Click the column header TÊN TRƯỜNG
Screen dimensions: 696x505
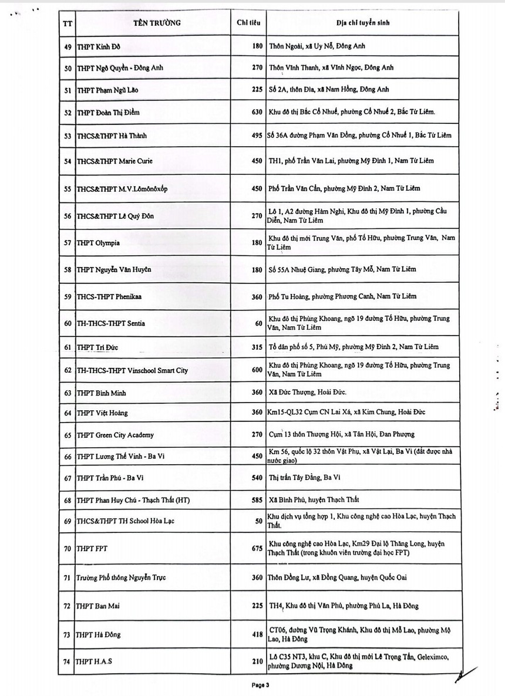coord(153,23)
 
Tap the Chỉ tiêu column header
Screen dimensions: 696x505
coord(248,23)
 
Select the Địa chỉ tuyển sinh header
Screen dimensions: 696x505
coord(362,23)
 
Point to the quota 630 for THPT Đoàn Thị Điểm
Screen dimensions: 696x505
coord(257,112)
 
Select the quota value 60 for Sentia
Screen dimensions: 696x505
coord(259,323)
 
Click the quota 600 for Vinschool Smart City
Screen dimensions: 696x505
coord(257,370)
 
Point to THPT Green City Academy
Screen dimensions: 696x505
coord(116,435)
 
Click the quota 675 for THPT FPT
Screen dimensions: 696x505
coord(257,548)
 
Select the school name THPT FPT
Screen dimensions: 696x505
coord(92,548)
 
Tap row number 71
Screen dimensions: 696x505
coord(66,577)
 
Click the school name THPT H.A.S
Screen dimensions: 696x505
coord(93,662)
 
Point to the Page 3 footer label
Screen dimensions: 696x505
coord(260,685)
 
